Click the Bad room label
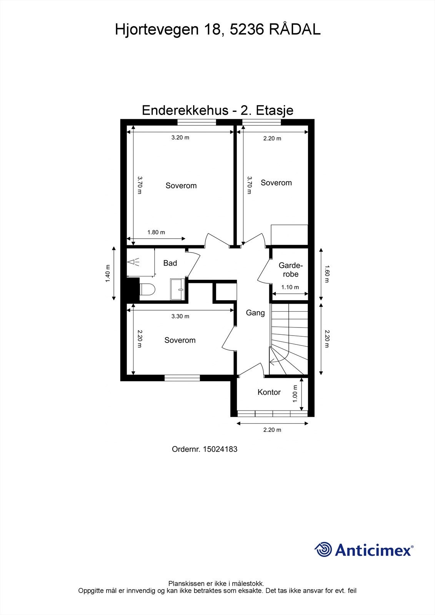pos(170,263)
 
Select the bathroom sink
pos(178,289)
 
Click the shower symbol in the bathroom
pos(133,263)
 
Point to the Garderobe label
pos(291,269)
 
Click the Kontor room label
pos(269,392)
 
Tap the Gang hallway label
pos(255,312)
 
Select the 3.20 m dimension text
pos(180,137)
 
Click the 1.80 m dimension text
pos(156,232)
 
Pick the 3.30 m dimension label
pos(180,316)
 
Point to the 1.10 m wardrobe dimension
pos(290,287)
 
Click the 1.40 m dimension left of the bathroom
pos(108,274)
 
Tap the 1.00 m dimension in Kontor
pos(295,394)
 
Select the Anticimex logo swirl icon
pos(323,549)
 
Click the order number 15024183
pos(220,449)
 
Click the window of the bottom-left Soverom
pos(182,378)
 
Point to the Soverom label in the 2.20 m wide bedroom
pos(276,183)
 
